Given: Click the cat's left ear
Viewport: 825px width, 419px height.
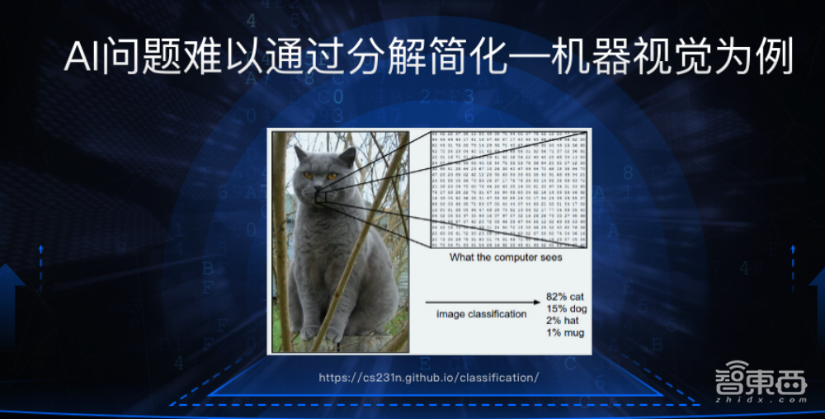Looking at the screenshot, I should pyautogui.click(x=299, y=154).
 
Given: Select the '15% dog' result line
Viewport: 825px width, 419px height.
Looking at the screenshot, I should pyautogui.click(x=566, y=308).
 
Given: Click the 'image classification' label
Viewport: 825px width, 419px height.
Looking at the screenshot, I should pyautogui.click(x=481, y=314).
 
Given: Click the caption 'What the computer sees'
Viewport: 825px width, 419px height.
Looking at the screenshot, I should pyautogui.click(x=506, y=257).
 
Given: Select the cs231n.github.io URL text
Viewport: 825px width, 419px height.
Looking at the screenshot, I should pyautogui.click(x=429, y=378).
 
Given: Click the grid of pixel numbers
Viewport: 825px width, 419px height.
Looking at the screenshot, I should pyautogui.click(x=508, y=189).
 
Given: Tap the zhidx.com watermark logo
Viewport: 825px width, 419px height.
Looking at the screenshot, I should pyautogui.click(x=760, y=385).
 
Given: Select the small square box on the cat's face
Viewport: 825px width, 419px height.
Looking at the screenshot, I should pyautogui.click(x=321, y=196).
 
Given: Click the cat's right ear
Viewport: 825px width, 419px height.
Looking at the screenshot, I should pyautogui.click(x=349, y=154).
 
